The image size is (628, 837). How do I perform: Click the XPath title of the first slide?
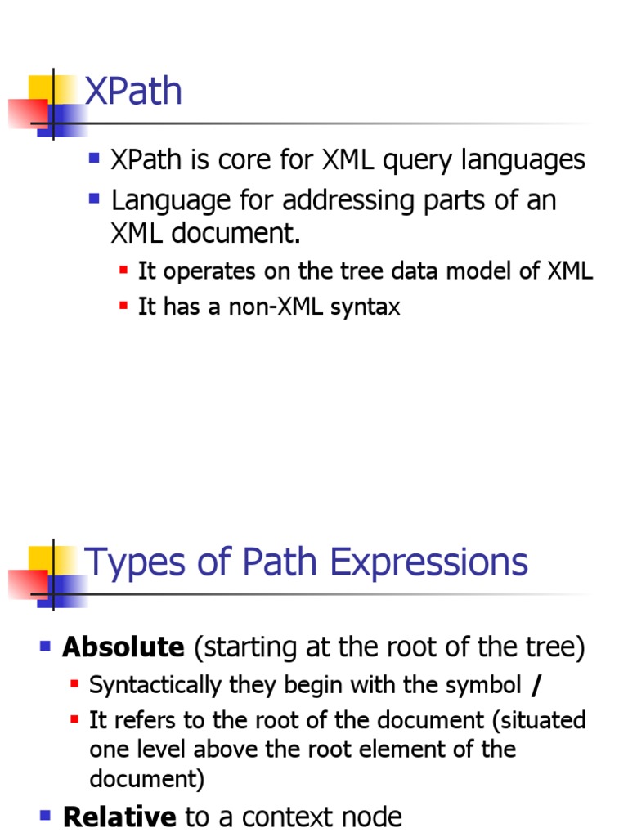point(134,92)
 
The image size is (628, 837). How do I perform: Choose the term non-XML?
point(272,307)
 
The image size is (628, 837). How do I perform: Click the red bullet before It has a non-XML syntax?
point(123,306)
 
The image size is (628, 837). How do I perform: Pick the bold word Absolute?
point(123,647)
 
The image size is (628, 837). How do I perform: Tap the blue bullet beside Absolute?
point(46,647)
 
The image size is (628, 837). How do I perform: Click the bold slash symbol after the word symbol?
point(536,685)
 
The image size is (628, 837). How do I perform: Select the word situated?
point(546,720)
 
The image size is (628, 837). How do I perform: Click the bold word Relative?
point(119,817)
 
